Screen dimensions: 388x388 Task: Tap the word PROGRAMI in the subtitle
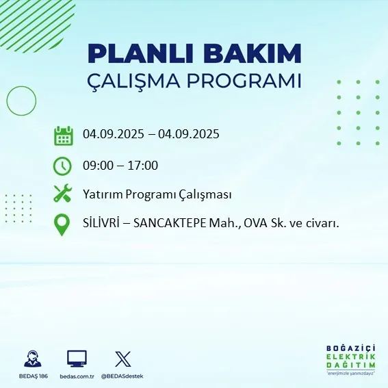[x=248, y=81]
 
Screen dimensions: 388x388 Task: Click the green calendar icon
[x=63, y=135]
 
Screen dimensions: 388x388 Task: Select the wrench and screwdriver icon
[x=63, y=194]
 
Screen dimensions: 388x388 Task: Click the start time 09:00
[x=98, y=166]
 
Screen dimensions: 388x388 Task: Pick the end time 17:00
[x=143, y=166]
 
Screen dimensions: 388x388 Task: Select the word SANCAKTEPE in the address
[x=168, y=224]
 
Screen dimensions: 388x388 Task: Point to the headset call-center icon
[x=31, y=359]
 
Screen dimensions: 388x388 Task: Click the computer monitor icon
[x=77, y=359]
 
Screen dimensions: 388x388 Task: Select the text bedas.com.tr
[x=77, y=376]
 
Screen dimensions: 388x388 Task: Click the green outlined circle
[x=21, y=101]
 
